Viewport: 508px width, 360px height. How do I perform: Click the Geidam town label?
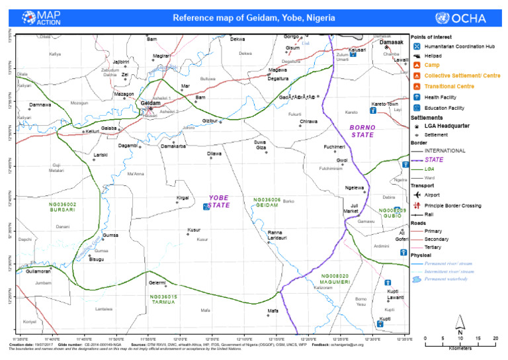pyautogui.click(x=151, y=103)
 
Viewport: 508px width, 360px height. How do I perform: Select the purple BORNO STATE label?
pyautogui.click(x=362, y=130)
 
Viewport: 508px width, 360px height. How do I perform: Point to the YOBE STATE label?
pyautogui.click(x=219, y=201)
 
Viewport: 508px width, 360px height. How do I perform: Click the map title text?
pyautogui.click(x=254, y=17)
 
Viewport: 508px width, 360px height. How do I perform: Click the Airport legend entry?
pyautogui.click(x=435, y=195)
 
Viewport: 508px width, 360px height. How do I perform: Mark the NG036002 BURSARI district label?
pyautogui.click(x=63, y=206)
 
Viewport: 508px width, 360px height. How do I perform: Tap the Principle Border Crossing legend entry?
pyautogui.click(x=452, y=205)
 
